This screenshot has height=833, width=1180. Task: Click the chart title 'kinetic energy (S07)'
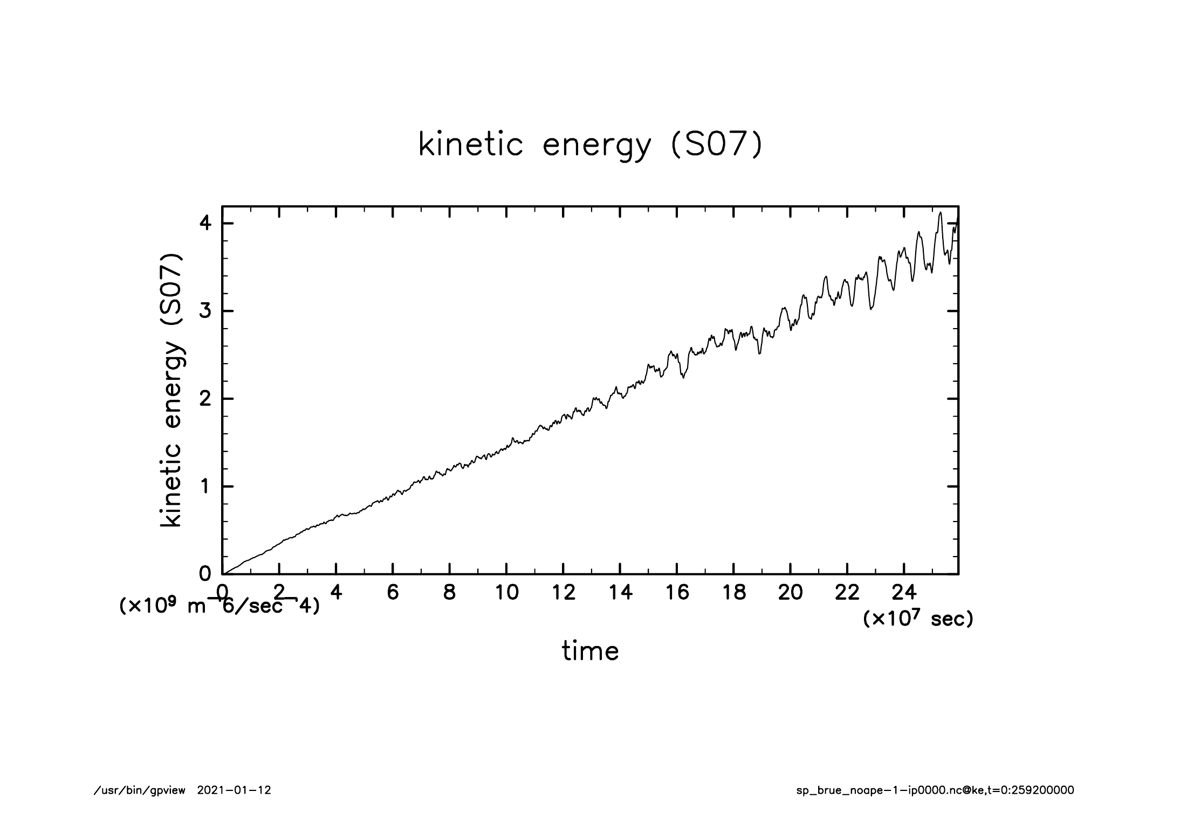pyautogui.click(x=590, y=145)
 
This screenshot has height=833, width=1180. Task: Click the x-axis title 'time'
pyautogui.click(x=590, y=651)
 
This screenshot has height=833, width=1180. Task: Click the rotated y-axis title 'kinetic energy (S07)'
pyautogui.click(x=171, y=390)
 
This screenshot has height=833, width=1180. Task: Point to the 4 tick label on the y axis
pyautogui.click(x=205, y=224)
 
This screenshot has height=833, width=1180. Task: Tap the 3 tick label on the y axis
pyautogui.click(x=205, y=311)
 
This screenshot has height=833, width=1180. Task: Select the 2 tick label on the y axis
pyautogui.click(x=205, y=399)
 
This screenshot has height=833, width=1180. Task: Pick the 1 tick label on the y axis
pyautogui.click(x=205, y=487)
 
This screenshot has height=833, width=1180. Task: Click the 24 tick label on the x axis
pyautogui.click(x=904, y=593)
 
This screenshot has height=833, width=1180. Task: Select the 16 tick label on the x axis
pyautogui.click(x=677, y=593)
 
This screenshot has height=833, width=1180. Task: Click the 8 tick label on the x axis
pyautogui.click(x=449, y=593)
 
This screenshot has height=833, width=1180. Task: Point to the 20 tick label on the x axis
pyautogui.click(x=790, y=593)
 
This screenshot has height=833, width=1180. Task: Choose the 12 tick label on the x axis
pyautogui.click(x=563, y=593)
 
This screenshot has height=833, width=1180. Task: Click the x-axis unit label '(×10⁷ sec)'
pyautogui.click(x=918, y=619)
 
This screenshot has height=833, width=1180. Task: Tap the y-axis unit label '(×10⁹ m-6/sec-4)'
pyautogui.click(x=219, y=606)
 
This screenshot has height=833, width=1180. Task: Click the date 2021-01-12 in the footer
pyautogui.click(x=234, y=790)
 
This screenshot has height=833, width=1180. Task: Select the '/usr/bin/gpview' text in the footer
pyautogui.click(x=140, y=790)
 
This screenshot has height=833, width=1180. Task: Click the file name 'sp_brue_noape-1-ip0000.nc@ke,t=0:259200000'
pyautogui.click(x=935, y=790)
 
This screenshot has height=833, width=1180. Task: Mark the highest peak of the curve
pyautogui.click(x=940, y=213)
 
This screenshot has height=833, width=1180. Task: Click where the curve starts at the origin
pyautogui.click(x=223, y=574)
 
